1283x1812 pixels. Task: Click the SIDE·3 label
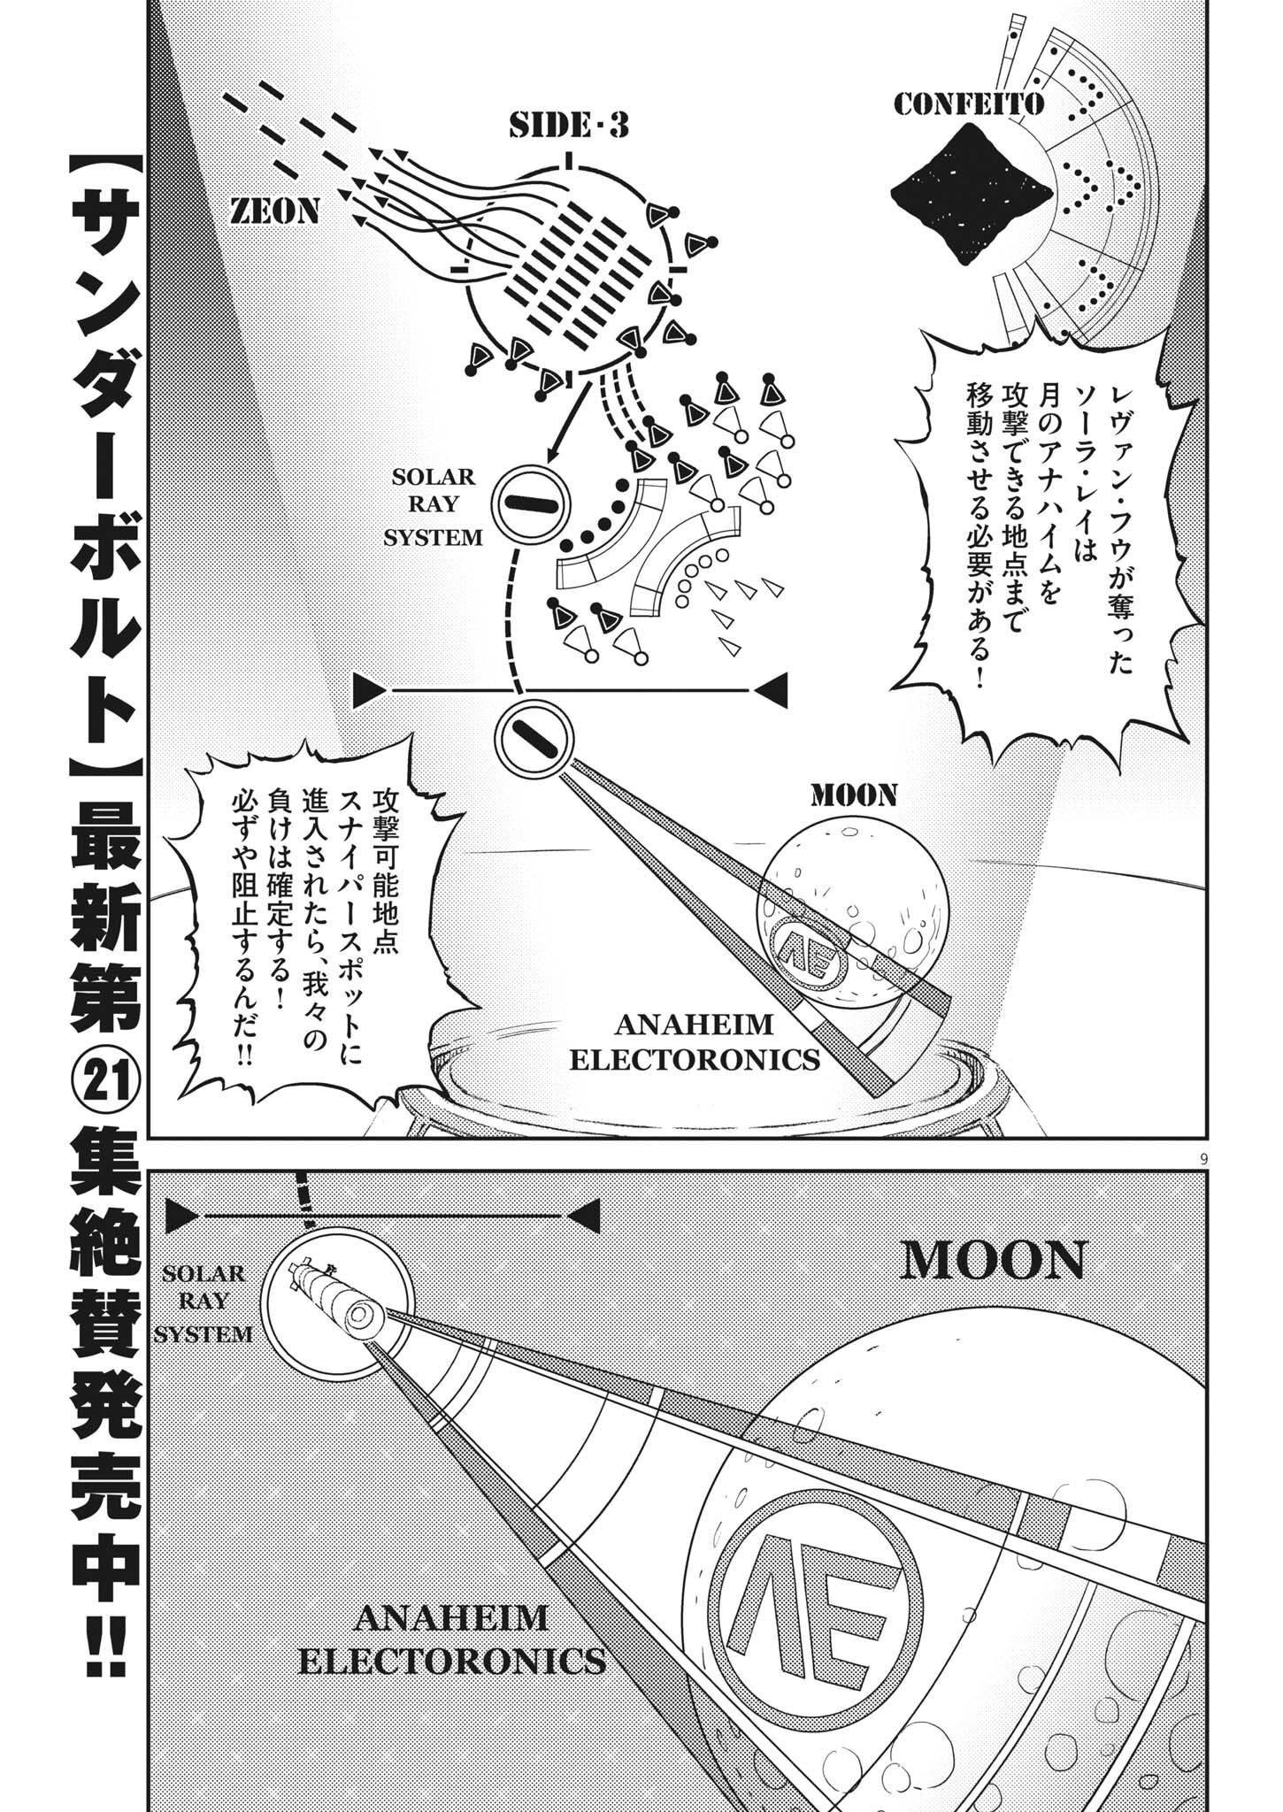[x=569, y=127]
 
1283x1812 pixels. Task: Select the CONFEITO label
[x=969, y=105]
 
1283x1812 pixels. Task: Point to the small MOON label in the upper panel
[x=854, y=795]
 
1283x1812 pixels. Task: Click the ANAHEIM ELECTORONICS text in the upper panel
[x=693, y=1042]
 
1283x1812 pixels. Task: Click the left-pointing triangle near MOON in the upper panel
[x=772, y=689]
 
